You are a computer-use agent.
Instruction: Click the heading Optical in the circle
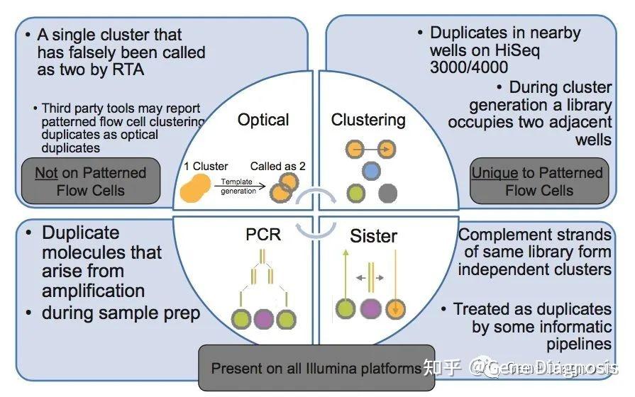(263, 120)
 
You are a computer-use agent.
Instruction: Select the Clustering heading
(368, 120)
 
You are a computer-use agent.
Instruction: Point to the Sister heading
(373, 235)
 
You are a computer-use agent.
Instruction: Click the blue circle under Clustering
(370, 171)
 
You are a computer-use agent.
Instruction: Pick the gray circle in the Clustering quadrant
(388, 193)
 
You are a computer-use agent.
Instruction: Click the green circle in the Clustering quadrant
(355, 193)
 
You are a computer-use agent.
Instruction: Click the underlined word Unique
(495, 173)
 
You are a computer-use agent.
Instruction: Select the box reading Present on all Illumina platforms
(316, 369)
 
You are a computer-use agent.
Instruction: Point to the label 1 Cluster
(205, 167)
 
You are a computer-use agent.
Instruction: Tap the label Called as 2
(282, 167)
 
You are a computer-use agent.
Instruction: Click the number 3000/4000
(469, 68)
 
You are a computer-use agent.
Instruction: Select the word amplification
(93, 291)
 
